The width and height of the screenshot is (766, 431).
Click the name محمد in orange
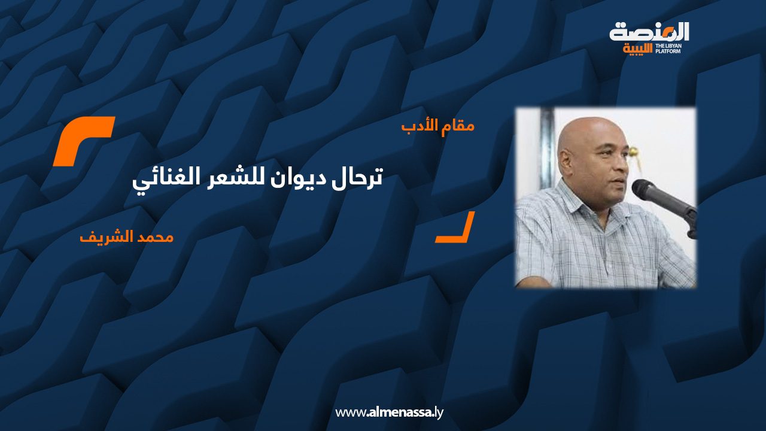[x=157, y=237]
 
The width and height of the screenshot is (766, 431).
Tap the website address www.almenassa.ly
[x=389, y=412]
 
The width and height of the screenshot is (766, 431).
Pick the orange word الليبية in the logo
[x=637, y=48]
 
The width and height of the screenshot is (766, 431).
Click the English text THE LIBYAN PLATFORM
[x=668, y=48]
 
